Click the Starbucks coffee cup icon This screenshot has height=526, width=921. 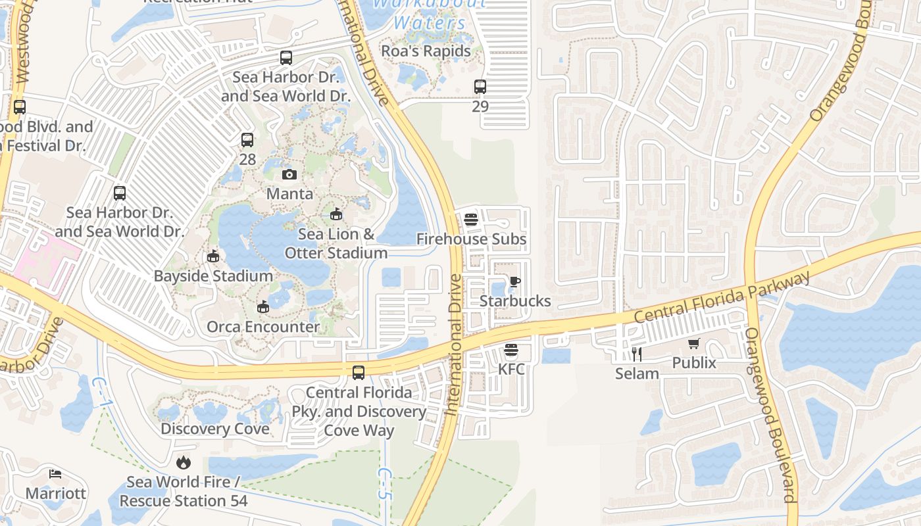(x=514, y=282)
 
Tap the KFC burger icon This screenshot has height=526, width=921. (x=511, y=350)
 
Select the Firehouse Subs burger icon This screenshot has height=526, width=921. (x=470, y=220)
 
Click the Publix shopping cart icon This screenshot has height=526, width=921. (x=694, y=344)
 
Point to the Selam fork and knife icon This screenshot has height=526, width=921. (x=636, y=354)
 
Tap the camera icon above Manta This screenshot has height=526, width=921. (x=289, y=174)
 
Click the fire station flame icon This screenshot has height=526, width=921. (x=184, y=463)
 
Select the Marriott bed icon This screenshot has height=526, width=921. (x=55, y=474)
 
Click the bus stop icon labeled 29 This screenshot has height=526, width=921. (x=480, y=86)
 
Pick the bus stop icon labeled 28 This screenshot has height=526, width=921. (x=247, y=139)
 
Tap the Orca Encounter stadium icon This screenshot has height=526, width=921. (x=263, y=307)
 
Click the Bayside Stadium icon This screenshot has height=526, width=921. (x=212, y=256)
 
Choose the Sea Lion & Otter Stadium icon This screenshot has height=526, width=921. (x=336, y=214)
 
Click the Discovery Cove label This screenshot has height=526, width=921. (x=215, y=429)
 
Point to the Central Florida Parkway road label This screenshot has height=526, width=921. (x=722, y=298)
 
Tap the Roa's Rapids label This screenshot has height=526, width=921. (x=426, y=51)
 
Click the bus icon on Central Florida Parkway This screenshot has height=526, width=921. (x=359, y=373)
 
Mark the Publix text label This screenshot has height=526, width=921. (x=694, y=363)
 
